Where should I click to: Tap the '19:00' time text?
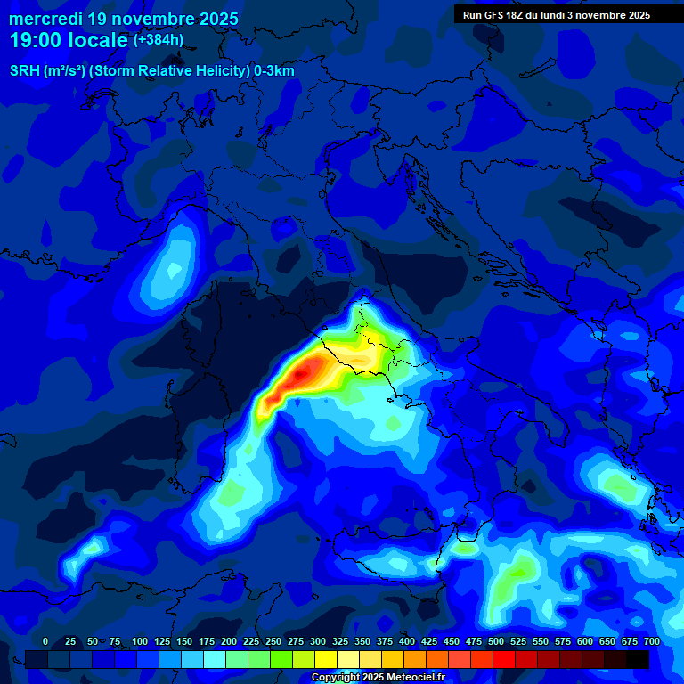click(x=37, y=40)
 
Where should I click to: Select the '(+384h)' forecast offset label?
click(x=159, y=40)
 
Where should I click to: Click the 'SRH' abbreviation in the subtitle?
click(x=25, y=71)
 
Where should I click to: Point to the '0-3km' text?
click(x=274, y=71)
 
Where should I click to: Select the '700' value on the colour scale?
click(x=651, y=641)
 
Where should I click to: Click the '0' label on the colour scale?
click(x=45, y=641)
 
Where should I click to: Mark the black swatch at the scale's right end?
click(x=637, y=659)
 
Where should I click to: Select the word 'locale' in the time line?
click(x=98, y=40)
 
